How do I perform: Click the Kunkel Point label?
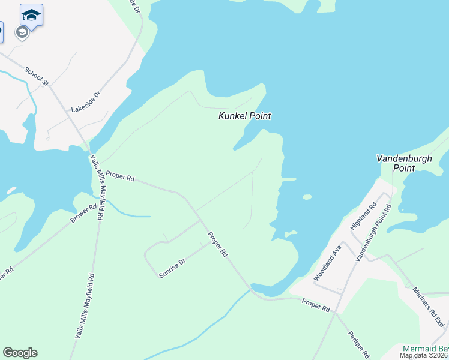(x=244, y=116)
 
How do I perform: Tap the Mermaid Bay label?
(x=425, y=349)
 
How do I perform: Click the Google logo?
(x=20, y=353)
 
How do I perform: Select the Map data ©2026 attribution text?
(x=424, y=355)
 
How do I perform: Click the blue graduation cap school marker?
(x=31, y=14)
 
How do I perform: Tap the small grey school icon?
(x=22, y=32)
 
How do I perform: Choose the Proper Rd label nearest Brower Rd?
(x=120, y=178)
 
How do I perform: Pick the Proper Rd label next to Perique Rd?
(x=316, y=305)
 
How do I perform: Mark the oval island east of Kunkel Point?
(x=307, y=197)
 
